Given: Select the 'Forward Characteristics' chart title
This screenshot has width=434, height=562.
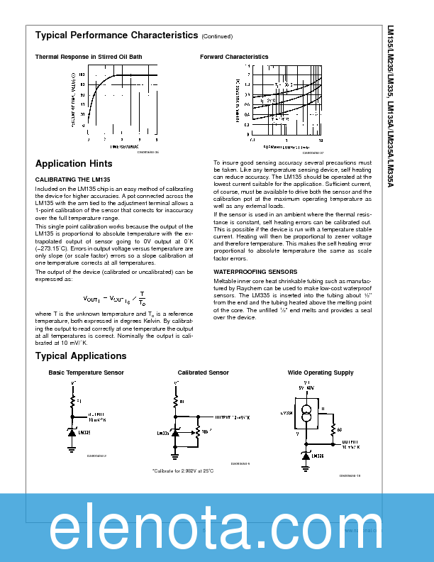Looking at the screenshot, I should pos(234,57).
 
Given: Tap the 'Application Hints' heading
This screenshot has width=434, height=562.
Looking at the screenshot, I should pos(74,164).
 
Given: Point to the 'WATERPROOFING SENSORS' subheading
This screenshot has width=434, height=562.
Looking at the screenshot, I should pos(255,272).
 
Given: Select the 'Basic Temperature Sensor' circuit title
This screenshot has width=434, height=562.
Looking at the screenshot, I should pos(86,373).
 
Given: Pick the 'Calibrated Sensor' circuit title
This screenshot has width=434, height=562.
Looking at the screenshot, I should pos(203,373).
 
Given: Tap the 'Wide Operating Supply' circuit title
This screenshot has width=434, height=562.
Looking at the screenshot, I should pos(320,373).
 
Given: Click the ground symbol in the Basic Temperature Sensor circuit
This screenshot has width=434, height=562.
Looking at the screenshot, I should pos(72,448).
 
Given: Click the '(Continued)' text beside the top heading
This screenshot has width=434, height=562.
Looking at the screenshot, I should pos(216,36).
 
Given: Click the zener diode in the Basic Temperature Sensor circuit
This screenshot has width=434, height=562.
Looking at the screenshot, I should pos(72,432).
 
